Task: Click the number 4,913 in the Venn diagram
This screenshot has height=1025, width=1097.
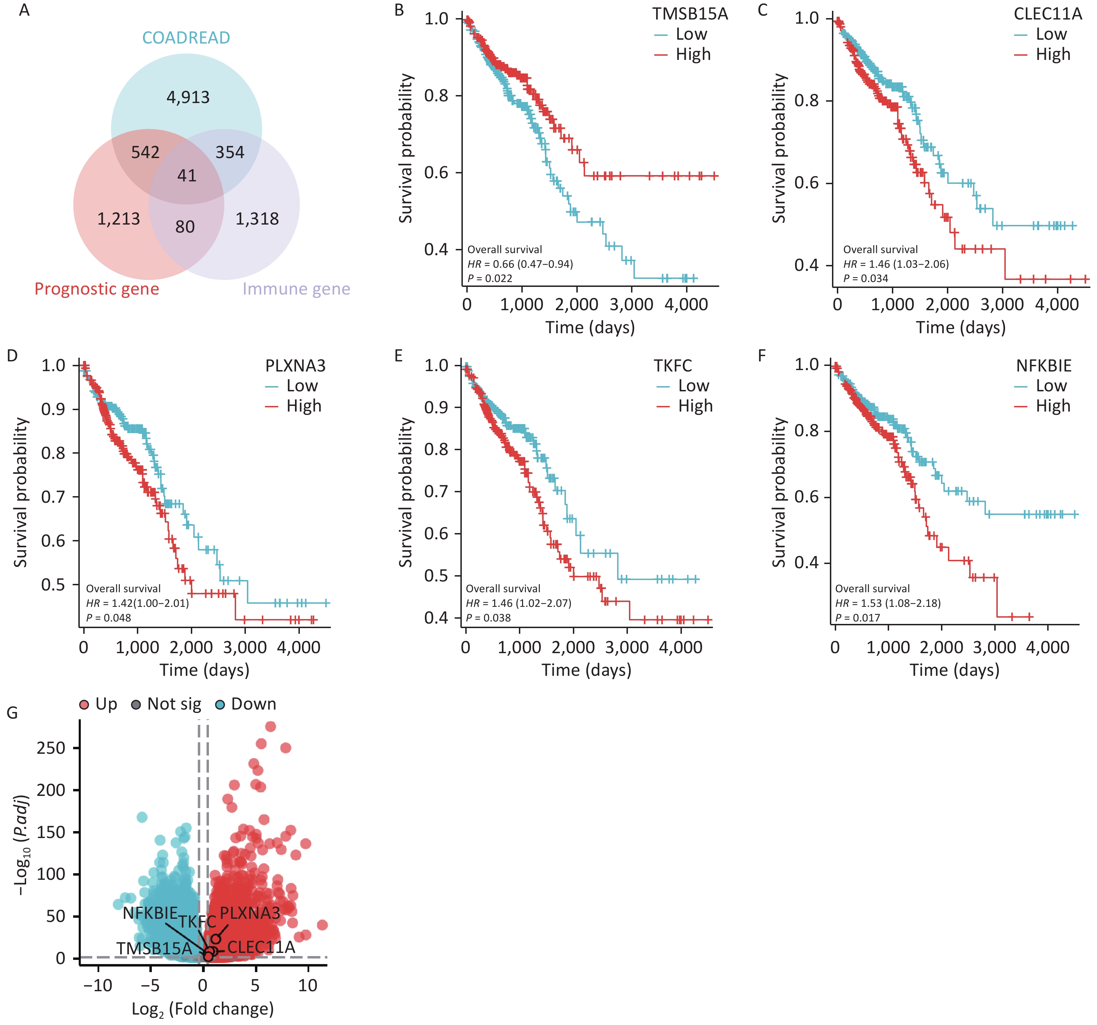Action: (188, 97)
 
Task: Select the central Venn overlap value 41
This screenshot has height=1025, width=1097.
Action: (187, 176)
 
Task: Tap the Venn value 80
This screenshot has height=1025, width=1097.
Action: (185, 227)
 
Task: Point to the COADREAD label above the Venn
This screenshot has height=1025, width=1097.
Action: (186, 38)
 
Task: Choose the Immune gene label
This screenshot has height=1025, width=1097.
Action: (296, 289)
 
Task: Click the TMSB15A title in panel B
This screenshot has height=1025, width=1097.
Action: (690, 14)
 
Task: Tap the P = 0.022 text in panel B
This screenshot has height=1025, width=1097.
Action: (490, 279)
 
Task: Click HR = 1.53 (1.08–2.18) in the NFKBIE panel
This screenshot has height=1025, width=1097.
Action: (887, 603)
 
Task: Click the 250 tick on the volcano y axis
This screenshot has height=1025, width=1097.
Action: (51, 748)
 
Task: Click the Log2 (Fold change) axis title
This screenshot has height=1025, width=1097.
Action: (203, 1009)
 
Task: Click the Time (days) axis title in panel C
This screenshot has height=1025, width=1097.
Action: (961, 328)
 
